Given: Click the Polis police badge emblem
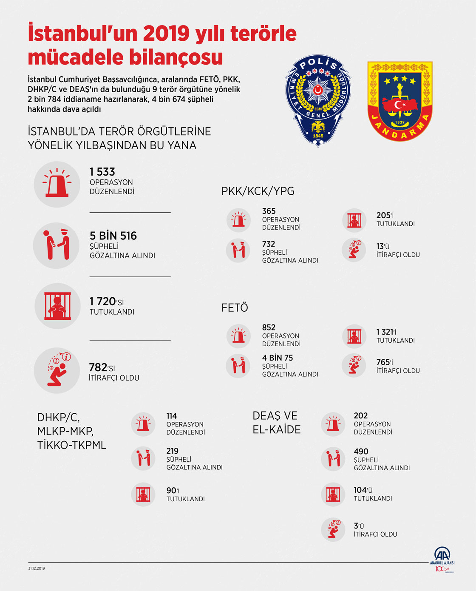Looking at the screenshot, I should click(x=318, y=100).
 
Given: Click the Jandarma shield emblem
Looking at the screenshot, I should click(x=399, y=101).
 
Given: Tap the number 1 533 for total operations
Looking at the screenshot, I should click(x=102, y=172).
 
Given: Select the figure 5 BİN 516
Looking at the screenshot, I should click(x=113, y=236).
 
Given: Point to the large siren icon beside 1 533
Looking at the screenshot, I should click(x=57, y=184).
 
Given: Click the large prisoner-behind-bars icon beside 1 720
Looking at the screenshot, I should click(x=57, y=306).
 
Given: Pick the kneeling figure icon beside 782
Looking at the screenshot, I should click(x=57, y=370).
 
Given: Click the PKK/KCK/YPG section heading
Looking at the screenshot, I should click(x=258, y=191).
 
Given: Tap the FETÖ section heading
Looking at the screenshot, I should click(x=235, y=307).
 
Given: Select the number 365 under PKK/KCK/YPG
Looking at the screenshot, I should click(x=269, y=211).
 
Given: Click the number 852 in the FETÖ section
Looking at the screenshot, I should click(x=269, y=327).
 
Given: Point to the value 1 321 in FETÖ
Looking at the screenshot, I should click(x=385, y=332).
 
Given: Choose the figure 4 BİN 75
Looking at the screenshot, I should click(x=278, y=358).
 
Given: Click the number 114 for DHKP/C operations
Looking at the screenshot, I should click(x=172, y=416).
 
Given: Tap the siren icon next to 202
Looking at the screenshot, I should click(x=333, y=424).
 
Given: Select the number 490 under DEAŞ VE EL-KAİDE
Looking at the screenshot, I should click(x=361, y=452).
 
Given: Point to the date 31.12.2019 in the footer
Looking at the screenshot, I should click(x=37, y=568).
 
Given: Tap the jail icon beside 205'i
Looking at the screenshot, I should click(x=354, y=220).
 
